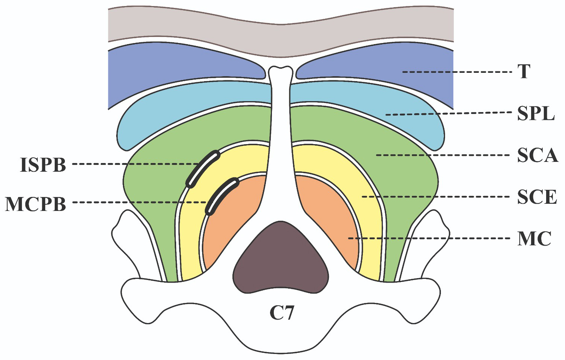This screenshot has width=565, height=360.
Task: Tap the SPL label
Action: coord(536,113)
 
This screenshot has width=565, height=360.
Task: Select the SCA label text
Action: coord(537,155)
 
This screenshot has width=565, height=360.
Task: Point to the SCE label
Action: coord(537,197)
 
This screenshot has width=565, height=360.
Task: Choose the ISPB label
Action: coord(43,165)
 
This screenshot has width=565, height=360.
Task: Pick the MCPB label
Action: coord(35,204)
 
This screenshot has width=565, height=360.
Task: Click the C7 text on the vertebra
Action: coord(281,313)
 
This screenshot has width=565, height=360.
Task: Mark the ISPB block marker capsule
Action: coord(203,169)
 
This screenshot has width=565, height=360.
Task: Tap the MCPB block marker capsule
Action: coord(222,196)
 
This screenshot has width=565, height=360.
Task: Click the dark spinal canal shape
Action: coord(281,258)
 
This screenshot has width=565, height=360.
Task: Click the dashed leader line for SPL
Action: coord(449,113)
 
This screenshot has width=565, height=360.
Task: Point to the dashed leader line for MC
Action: coord(430,238)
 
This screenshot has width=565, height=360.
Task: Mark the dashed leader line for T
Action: coord(456,72)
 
